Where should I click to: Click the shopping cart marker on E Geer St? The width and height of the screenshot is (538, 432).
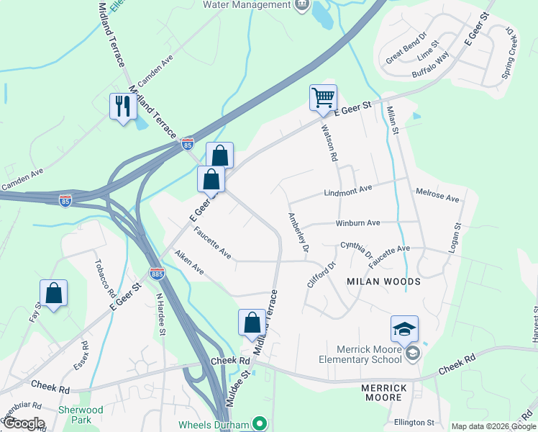323,97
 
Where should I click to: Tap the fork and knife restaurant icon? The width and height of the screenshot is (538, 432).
122,107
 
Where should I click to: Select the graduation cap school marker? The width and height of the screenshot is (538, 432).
404,329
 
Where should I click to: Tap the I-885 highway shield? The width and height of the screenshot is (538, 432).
157,273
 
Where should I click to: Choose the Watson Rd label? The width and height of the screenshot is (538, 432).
329,142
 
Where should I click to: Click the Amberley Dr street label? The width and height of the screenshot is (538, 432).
298,232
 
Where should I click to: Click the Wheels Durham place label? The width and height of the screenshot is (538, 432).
214,423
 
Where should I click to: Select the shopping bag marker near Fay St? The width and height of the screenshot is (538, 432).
53,292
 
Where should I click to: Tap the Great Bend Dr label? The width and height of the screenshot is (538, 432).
406,47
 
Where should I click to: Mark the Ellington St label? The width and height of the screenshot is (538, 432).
414,423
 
